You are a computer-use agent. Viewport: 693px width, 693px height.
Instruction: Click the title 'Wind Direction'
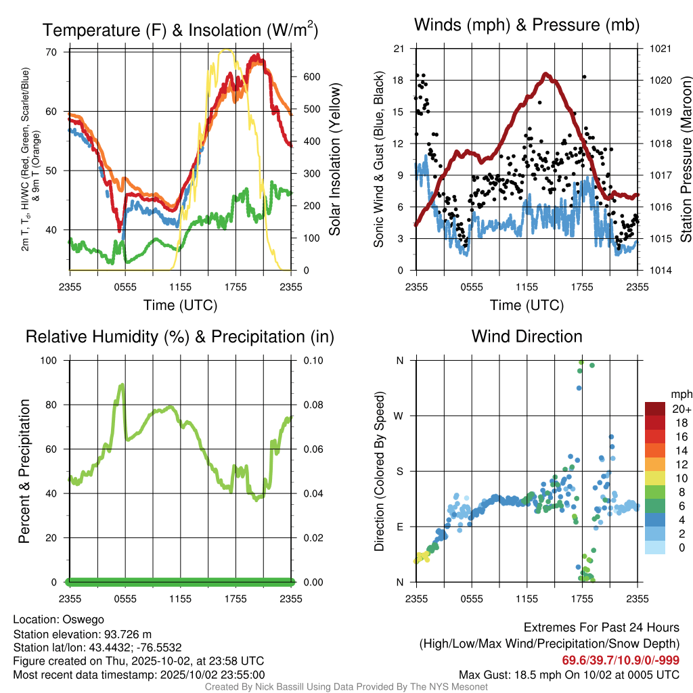pos(527,336)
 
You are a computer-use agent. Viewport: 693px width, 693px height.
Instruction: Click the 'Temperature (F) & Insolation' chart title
pos(180,30)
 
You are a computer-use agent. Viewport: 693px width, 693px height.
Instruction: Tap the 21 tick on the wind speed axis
pos(399,49)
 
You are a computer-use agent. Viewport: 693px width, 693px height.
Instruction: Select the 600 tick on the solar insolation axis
pos(310,77)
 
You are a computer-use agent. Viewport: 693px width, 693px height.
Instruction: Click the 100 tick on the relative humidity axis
pos(53,360)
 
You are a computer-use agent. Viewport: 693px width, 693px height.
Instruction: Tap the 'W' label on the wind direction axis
pos(399,416)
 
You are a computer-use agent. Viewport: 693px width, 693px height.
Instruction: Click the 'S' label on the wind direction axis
pos(400,471)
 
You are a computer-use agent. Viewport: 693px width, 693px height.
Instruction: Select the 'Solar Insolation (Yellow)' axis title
pos(335,160)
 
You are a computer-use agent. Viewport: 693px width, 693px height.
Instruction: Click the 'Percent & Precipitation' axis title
pos(24,471)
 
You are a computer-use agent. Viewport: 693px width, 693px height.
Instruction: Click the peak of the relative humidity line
pos(122,384)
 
